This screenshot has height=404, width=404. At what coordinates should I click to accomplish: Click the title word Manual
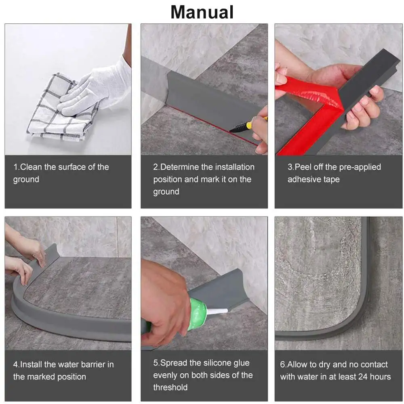(x=202, y=12)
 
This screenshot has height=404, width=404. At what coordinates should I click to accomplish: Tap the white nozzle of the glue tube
(x=217, y=311)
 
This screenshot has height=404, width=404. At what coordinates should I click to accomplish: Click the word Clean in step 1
(x=31, y=167)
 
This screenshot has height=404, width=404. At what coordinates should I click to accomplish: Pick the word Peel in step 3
(x=303, y=167)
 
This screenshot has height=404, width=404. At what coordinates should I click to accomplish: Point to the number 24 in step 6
(x=363, y=377)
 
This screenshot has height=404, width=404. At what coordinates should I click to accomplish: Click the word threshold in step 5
(x=170, y=387)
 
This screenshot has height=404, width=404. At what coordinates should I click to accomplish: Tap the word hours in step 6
(x=380, y=377)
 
